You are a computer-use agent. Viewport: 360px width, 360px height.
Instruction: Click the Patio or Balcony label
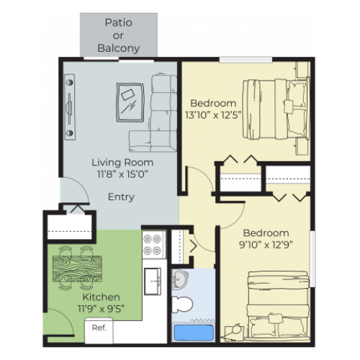coord(118,35)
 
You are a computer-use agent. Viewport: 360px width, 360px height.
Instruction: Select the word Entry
coord(121,197)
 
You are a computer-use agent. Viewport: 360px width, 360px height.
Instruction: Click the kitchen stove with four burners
coord(153,245)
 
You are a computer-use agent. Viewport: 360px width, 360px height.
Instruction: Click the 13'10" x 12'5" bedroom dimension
coord(217,114)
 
